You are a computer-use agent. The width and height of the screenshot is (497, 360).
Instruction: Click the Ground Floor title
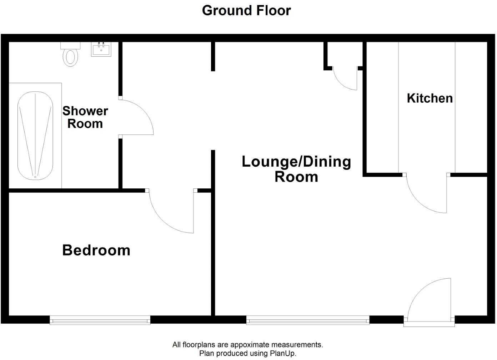point(246,10)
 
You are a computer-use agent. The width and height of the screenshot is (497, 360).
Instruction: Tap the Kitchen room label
point(430,98)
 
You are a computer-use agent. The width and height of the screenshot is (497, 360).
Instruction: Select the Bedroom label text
point(96,250)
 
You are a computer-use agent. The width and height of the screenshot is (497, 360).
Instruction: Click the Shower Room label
point(85,117)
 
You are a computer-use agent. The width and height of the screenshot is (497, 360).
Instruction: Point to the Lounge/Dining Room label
point(296,169)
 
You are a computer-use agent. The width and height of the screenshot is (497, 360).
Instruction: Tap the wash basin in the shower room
point(101,50)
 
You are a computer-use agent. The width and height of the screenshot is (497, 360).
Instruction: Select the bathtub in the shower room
point(35,136)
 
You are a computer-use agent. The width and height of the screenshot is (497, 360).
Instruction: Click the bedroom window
point(100,320)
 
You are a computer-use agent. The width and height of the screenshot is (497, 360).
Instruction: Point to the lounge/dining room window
point(308,320)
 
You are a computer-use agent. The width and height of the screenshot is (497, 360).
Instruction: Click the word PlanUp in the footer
point(282,353)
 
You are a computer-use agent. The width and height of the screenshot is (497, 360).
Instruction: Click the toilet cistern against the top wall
point(70,45)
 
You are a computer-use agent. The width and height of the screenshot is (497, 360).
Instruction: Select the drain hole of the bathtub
point(35,177)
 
